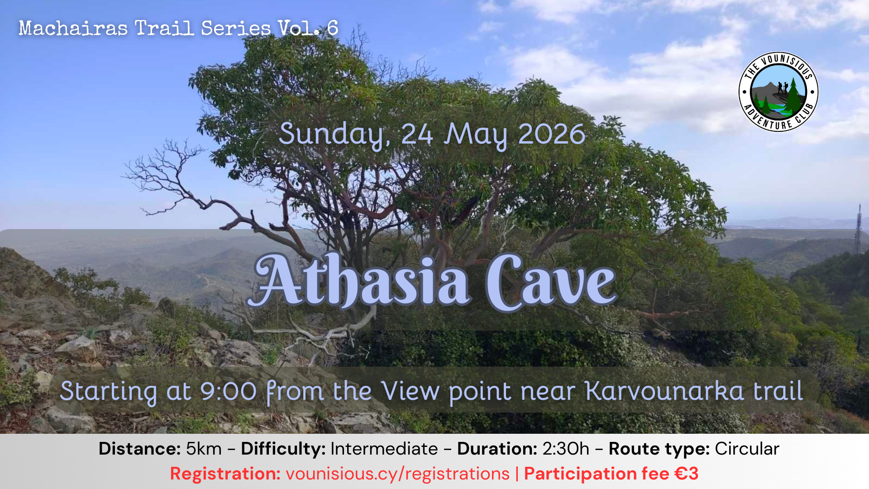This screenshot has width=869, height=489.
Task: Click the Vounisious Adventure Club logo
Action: tap(778, 92)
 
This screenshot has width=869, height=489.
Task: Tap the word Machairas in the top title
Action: tap(73, 29)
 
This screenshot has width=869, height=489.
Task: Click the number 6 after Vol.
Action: tap(333, 29)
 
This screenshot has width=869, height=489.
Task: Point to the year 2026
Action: tap(552, 134)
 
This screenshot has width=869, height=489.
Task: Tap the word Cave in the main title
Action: tap(551, 283)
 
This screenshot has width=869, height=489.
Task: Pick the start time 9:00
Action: tap(229, 391)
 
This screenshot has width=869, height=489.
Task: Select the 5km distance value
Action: tap(204, 449)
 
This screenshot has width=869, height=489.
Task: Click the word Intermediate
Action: tap(384, 449)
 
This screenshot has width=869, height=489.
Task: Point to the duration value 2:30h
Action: tap(566, 449)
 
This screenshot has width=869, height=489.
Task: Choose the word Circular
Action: tap(747, 449)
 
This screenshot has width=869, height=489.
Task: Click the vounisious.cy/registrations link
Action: tap(398, 474)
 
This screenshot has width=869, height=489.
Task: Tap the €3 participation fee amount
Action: tap(686, 474)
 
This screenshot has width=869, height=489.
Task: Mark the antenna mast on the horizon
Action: tap(858, 229)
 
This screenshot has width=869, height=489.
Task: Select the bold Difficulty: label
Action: tap(283, 449)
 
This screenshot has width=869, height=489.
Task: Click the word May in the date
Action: tap(476, 135)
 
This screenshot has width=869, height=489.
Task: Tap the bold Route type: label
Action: tap(659, 449)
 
